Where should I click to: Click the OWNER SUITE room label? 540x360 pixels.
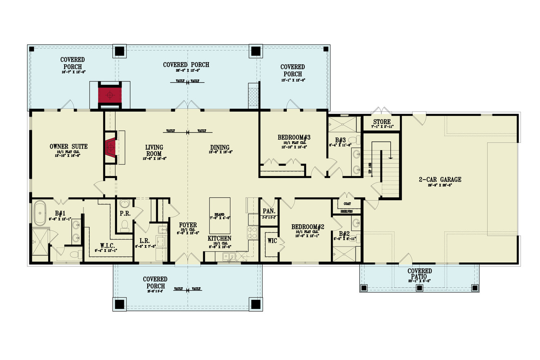68,146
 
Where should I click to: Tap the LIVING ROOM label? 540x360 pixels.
154,150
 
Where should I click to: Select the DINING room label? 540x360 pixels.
220,147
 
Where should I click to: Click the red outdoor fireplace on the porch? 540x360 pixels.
109,95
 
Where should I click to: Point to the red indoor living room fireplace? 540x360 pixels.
111,147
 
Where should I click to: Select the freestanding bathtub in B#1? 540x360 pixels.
40,212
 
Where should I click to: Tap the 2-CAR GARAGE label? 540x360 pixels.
440,179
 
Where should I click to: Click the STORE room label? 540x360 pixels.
381,122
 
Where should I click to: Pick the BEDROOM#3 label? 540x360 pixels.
294,137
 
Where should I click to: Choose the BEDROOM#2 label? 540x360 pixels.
308,227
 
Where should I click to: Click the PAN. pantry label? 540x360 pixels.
269,211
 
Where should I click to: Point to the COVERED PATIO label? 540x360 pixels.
420,274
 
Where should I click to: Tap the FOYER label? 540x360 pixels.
188,225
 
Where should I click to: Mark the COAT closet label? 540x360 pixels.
346,203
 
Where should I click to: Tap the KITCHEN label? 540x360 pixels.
219,238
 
